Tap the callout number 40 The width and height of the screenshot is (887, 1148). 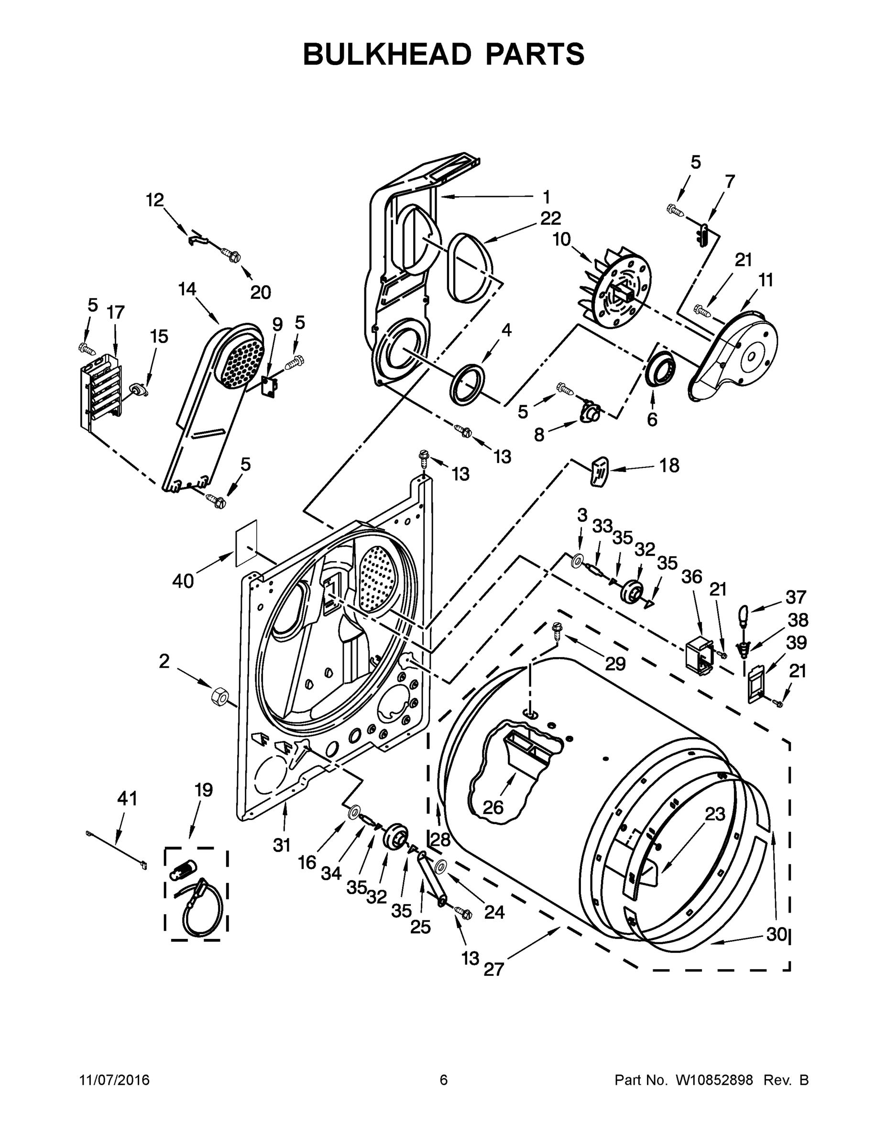click(183, 581)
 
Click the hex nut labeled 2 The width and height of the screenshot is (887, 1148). click(219, 697)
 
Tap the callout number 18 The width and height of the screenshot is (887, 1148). click(669, 465)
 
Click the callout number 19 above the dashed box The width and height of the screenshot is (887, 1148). click(203, 790)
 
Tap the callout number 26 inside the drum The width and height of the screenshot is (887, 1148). click(493, 807)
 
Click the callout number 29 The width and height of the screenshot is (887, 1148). click(615, 663)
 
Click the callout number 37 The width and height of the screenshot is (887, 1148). click(796, 596)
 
